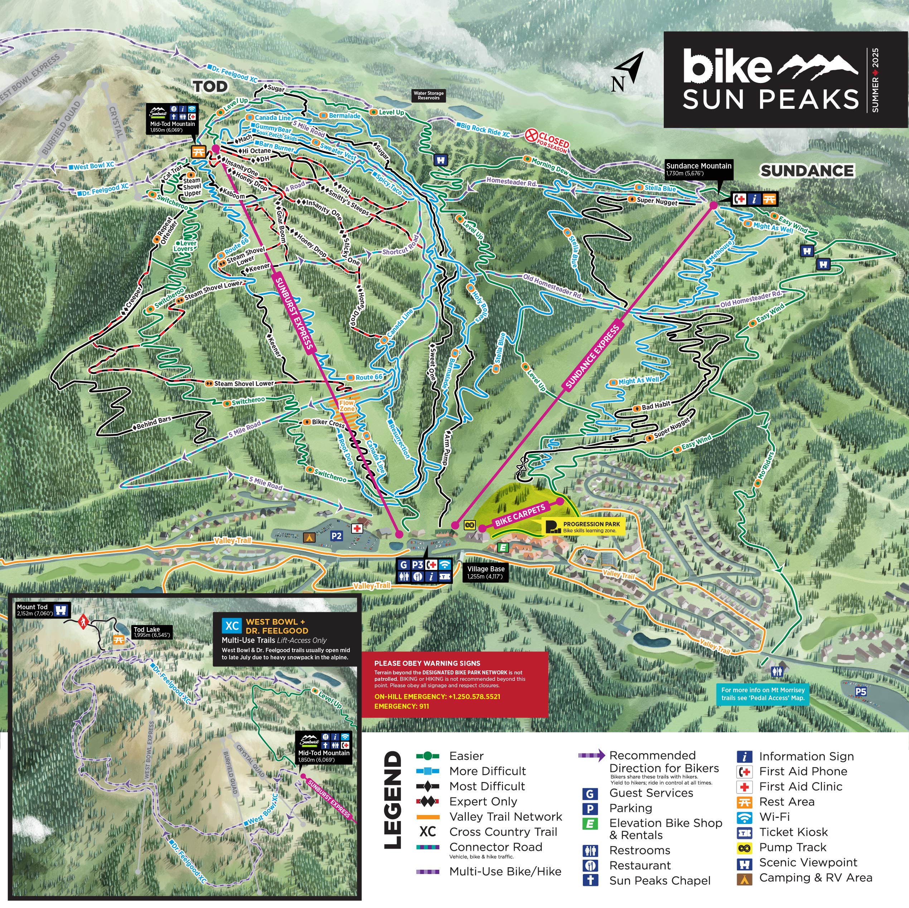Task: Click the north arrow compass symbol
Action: (x=628, y=72)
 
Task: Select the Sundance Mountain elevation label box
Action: (x=699, y=169)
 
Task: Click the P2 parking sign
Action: (x=337, y=536)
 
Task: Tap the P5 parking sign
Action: (x=861, y=691)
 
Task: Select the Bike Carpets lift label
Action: (x=520, y=514)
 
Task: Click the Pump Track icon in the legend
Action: (x=744, y=847)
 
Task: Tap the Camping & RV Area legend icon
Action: (x=744, y=878)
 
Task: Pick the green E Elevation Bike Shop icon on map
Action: (x=503, y=547)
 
